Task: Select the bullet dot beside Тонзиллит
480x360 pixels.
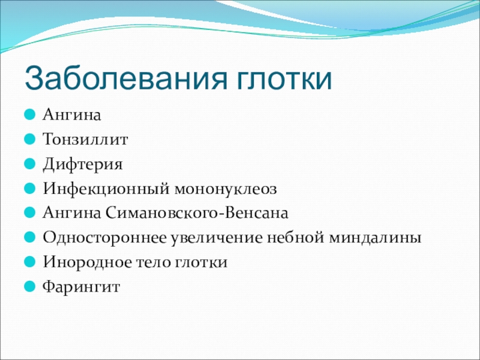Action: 29,139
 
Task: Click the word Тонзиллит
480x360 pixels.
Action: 85,139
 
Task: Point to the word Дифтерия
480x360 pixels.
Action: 83,164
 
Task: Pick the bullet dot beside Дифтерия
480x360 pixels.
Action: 29,164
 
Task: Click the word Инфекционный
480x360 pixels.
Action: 106,188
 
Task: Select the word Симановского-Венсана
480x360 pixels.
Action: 197,213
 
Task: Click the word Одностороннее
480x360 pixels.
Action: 104,238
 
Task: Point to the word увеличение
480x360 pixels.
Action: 217,238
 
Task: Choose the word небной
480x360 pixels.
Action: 295,238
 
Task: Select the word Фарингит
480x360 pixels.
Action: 81,287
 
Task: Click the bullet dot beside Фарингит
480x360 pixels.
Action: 29,287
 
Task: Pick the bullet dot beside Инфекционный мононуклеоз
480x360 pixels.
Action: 29,188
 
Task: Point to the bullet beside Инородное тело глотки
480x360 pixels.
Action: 29,262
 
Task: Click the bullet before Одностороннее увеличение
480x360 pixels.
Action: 29,237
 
